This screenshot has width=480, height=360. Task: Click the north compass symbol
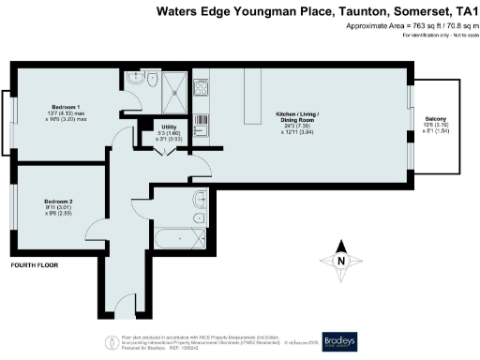[x=342, y=261]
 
